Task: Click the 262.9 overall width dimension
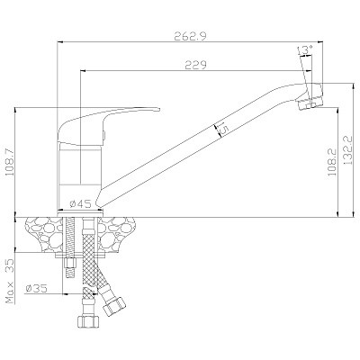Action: [x=190, y=37]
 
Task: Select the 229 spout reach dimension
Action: [x=195, y=65]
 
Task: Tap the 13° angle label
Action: [x=305, y=49]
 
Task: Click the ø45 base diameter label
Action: [x=80, y=204]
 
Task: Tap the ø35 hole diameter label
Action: [x=37, y=288]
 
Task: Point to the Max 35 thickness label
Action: [x=11, y=281]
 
